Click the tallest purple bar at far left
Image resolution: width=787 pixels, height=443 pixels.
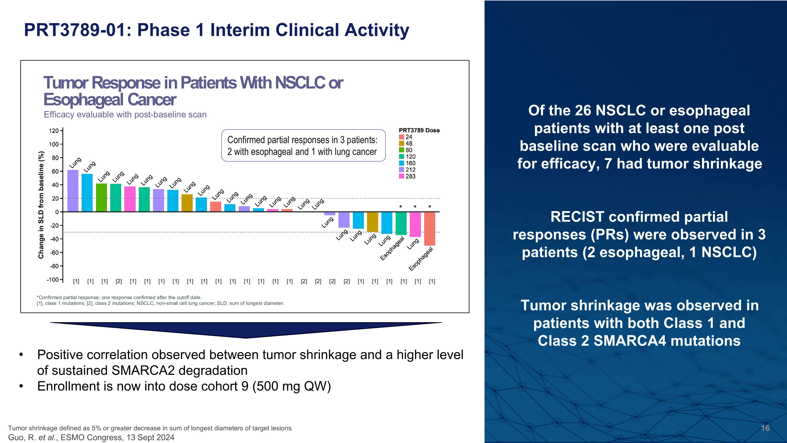pos(73,190)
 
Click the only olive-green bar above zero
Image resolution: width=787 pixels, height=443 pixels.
pos(187,203)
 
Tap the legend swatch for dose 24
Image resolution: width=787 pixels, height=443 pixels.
pos(401,137)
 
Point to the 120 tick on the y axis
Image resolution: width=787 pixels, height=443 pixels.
pos(54,131)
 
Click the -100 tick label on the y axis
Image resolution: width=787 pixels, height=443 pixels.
pos(52,280)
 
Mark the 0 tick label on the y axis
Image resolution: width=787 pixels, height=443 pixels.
pos(57,212)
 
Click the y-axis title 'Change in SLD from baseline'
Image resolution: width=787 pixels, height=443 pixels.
pos(41,205)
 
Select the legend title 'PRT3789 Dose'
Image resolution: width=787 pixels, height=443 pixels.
pos(419,131)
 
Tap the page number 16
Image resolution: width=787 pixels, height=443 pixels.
pos(765,428)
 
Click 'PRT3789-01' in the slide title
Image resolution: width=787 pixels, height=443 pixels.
pos(75,30)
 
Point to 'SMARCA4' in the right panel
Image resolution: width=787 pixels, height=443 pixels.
pos(629,341)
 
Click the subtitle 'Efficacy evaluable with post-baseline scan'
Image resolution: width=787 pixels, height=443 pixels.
pos(125,115)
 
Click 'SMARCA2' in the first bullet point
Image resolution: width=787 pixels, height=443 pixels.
pos(143,371)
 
